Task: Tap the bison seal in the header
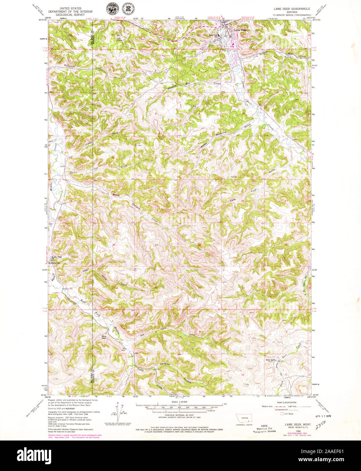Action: [x=111, y=8]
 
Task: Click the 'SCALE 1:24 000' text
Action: [x=179, y=402]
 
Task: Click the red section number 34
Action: [x=243, y=288]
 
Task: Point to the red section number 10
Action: [x=242, y=375]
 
